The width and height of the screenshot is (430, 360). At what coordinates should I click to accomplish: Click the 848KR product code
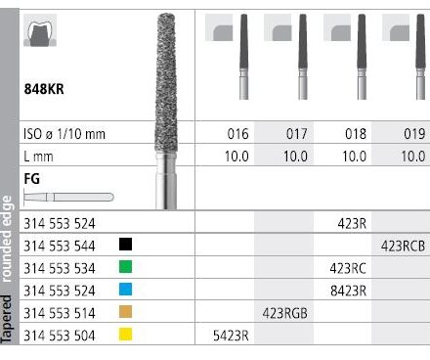(44, 89)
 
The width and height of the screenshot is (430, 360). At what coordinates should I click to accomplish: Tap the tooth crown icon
(40, 30)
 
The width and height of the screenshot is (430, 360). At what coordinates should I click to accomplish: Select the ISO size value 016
(237, 134)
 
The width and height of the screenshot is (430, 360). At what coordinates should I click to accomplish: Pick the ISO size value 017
(296, 134)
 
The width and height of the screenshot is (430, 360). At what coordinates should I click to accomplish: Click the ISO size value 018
(356, 134)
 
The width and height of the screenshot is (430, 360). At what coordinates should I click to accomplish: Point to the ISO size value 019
(414, 134)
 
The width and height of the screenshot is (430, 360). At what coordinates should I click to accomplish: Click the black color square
(125, 245)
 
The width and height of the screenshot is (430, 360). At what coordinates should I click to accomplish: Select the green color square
(125, 267)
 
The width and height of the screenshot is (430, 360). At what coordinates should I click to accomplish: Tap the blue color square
(125, 290)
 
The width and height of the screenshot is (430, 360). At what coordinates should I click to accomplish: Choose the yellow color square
(125, 335)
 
